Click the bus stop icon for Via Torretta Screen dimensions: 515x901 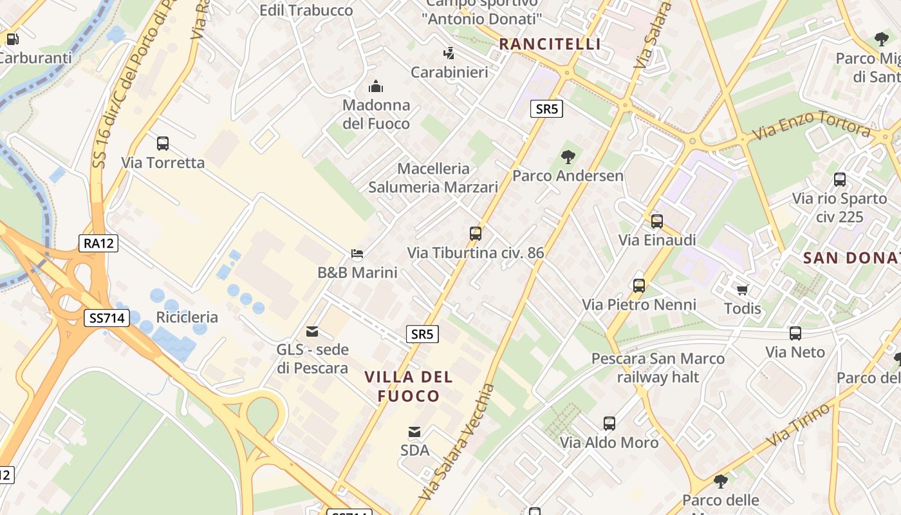[x=163, y=144]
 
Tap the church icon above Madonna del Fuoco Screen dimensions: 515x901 [x=376, y=86]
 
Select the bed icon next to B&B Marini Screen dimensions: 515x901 [x=357, y=254]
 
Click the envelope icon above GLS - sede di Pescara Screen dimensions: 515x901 [x=312, y=332]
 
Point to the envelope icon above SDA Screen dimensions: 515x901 [x=414, y=432]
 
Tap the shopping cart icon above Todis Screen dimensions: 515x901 [x=742, y=290]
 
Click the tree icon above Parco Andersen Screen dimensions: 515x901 [x=568, y=156]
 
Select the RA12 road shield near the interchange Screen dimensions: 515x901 [x=99, y=243]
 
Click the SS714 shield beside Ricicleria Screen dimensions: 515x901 [x=107, y=317]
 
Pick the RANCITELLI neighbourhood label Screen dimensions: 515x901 [x=550, y=44]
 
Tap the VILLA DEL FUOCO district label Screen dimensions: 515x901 [x=409, y=386]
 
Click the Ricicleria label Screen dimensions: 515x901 [x=187, y=317]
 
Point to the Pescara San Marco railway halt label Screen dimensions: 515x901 [x=658, y=368]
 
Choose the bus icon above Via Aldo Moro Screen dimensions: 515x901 [x=609, y=424]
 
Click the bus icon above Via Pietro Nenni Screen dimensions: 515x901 [x=639, y=285]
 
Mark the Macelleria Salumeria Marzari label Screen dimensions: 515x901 [x=433, y=178]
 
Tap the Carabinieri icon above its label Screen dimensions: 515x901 [x=449, y=53]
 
